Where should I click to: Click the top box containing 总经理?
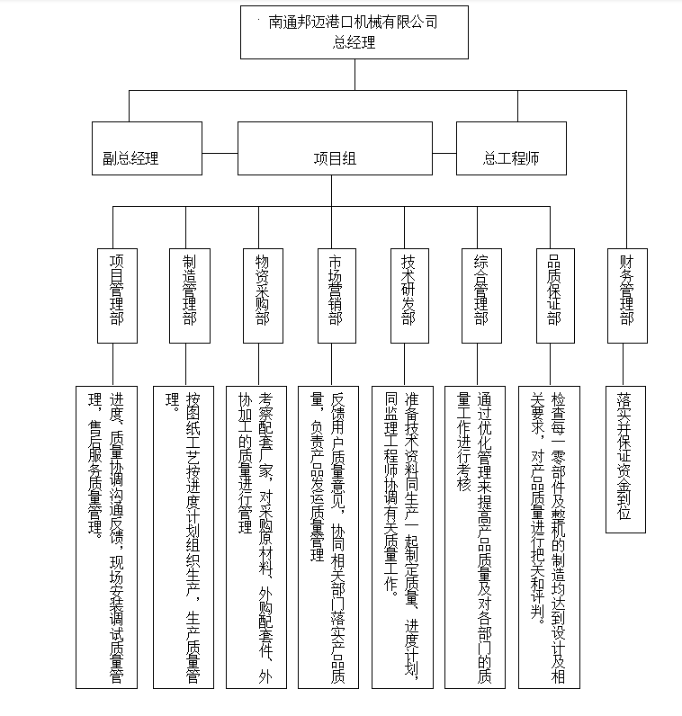354,32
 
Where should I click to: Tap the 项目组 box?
334,159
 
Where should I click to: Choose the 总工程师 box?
511,159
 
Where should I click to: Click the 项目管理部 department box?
117,293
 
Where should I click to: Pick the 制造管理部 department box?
189,293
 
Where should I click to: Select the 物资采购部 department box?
263,293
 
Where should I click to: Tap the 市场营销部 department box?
336,293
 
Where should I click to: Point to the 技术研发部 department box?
409,293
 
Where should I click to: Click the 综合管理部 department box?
481,293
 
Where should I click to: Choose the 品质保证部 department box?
555,293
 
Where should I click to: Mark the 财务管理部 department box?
626,293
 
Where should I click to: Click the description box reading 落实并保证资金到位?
625,459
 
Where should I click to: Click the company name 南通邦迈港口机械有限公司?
354,22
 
